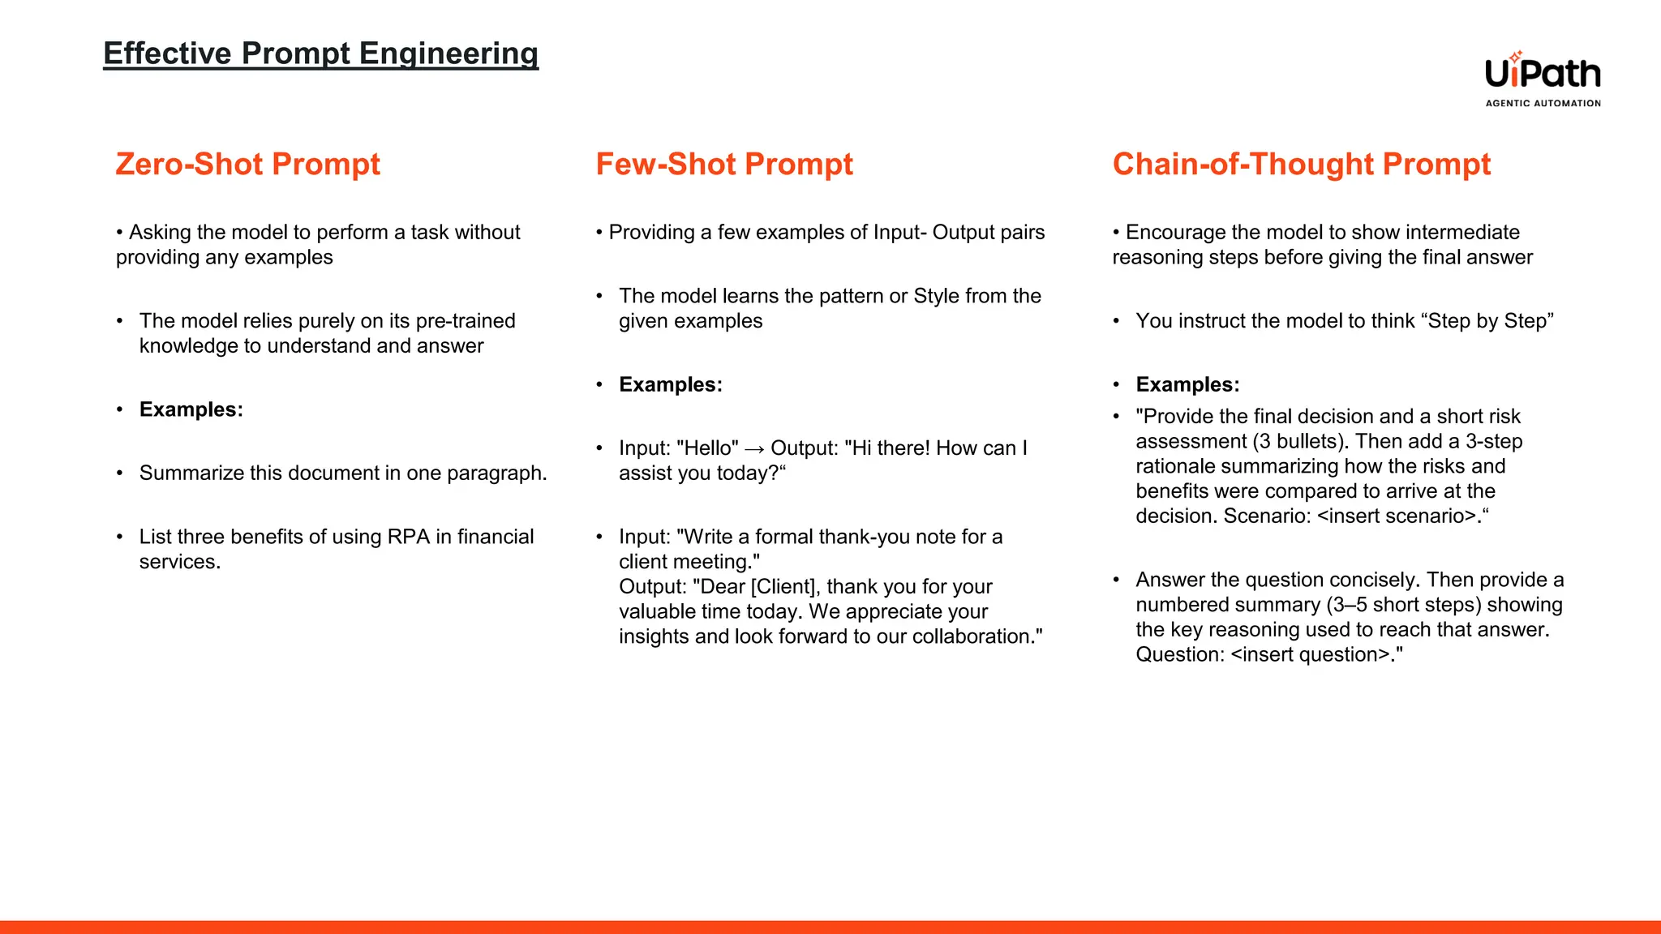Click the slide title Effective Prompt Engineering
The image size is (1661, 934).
[x=320, y=54]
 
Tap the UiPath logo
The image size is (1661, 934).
[x=1543, y=74]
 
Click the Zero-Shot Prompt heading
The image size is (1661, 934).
[x=247, y=164]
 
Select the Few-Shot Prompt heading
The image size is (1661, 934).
[x=723, y=164]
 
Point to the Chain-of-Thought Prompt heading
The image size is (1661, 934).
[x=1301, y=164]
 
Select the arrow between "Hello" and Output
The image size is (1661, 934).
[x=754, y=448]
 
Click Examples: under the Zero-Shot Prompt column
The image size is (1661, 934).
[x=191, y=409]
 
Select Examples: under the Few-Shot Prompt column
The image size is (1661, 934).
[x=670, y=384]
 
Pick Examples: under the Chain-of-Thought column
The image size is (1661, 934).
[x=1187, y=384]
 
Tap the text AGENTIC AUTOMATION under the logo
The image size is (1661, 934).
[x=1543, y=103]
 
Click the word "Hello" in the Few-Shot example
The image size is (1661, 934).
[x=706, y=448]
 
